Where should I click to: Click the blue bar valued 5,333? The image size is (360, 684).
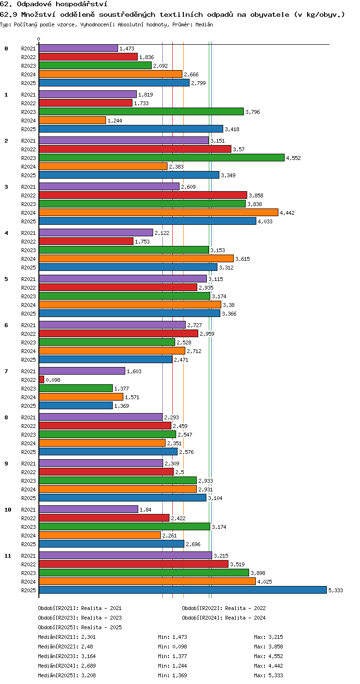pyautogui.click(x=183, y=590)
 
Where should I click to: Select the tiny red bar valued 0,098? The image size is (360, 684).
pyautogui.click(x=41, y=379)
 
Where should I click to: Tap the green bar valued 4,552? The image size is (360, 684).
pyautogui.click(x=162, y=158)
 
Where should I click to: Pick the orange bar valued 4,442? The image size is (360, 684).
pyautogui.click(x=159, y=212)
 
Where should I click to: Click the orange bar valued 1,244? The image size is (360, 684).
pyautogui.click(x=72, y=120)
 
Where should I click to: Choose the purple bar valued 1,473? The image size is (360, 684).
pyautogui.click(x=78, y=48)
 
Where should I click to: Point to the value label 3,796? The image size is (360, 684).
pyautogui.click(x=252, y=112)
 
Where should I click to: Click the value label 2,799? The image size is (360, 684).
pyautogui.click(x=198, y=83)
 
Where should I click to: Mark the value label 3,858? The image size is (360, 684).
pyautogui.click(x=256, y=195)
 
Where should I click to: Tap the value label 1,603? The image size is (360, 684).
pyautogui.click(x=134, y=371)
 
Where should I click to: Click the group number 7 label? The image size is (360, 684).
pyautogui.click(x=6, y=371)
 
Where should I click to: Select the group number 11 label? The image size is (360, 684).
pyautogui.click(x=8, y=556)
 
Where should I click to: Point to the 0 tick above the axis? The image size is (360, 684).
pyautogui.click(x=39, y=39)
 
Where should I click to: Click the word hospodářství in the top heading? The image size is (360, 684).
pyautogui.click(x=82, y=4)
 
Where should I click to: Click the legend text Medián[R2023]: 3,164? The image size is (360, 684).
pyautogui.click(x=67, y=656)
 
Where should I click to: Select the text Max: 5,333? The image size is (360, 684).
pyautogui.click(x=268, y=675)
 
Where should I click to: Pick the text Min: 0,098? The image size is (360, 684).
pyautogui.click(x=172, y=647)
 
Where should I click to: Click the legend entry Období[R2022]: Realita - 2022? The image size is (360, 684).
pyautogui.click(x=224, y=608)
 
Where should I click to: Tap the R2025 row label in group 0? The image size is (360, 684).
pyautogui.click(x=28, y=83)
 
